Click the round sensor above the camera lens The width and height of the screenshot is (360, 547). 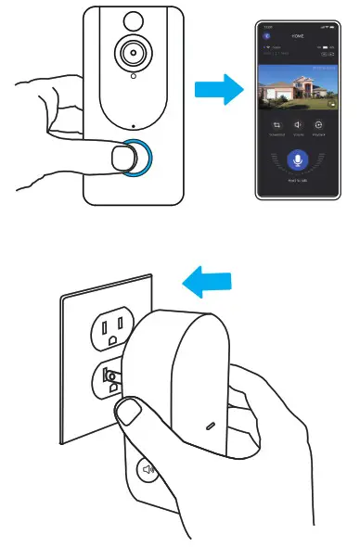tap(130, 18)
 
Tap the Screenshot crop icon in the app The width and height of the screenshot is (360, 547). tap(276, 125)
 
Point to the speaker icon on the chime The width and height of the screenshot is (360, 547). tap(148, 470)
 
